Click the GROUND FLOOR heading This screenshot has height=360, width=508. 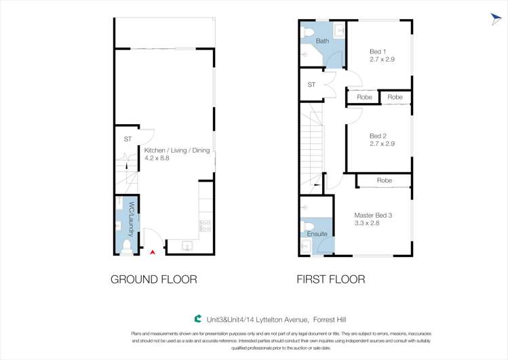(154, 279)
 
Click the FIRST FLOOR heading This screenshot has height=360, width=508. (331, 279)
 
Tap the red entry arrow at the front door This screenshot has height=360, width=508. (153, 252)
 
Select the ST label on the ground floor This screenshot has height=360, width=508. (128, 139)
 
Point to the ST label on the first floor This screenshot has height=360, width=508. (311, 85)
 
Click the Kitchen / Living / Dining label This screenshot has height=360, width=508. (177, 151)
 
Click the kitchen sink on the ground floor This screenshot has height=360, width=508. (187, 245)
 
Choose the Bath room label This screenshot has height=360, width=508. (322, 41)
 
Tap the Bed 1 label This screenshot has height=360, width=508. (378, 52)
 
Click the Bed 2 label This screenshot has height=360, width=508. (378, 135)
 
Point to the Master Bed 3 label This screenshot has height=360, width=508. (373, 216)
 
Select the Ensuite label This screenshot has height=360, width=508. (317, 234)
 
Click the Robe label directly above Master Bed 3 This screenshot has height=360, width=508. (384, 180)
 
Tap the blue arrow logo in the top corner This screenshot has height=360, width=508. (497, 19)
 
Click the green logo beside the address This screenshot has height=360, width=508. (197, 318)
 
